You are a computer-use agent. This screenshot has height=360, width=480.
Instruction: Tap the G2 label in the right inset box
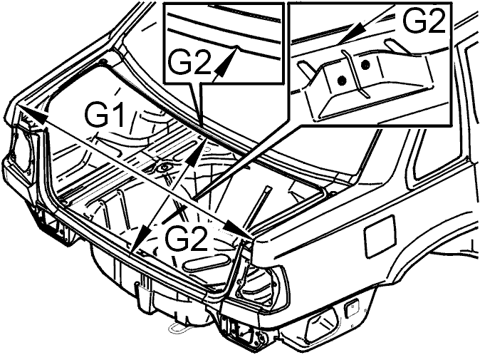pyautogui.click(x=423, y=20)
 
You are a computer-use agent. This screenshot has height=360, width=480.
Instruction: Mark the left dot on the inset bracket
pyautogui.click(x=342, y=81)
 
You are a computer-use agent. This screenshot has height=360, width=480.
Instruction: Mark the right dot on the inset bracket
pyautogui.click(x=365, y=65)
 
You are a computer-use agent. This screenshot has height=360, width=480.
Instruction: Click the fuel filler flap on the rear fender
pyautogui.click(x=380, y=236)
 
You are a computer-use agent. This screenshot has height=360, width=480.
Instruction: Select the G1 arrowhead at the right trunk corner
pyautogui.click(x=236, y=229)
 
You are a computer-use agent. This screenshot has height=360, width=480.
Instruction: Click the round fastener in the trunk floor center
pyautogui.click(x=165, y=168)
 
